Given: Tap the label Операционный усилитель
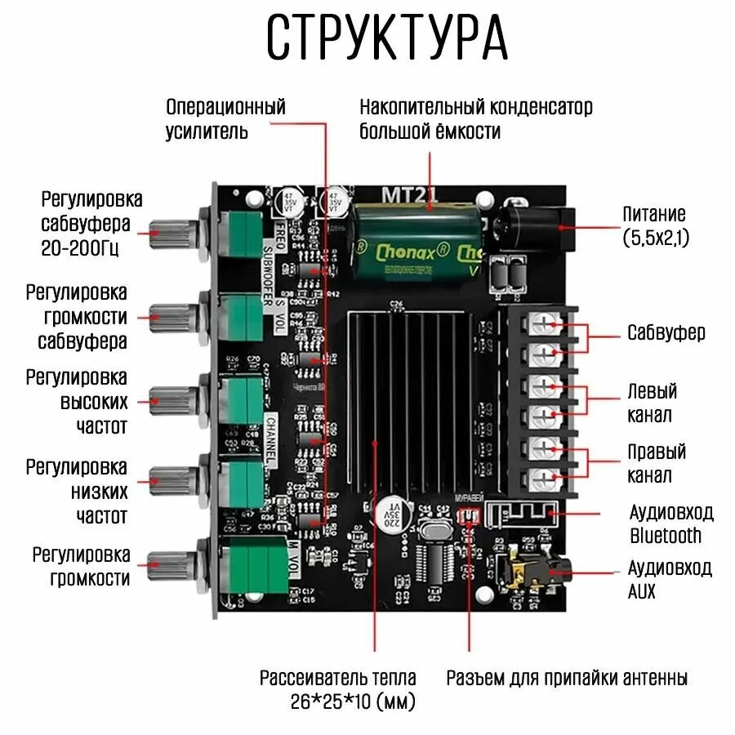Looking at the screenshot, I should (x=225, y=118).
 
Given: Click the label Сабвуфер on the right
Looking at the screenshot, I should (x=666, y=332).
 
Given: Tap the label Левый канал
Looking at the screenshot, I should (x=652, y=403).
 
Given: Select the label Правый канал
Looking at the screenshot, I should (x=656, y=463).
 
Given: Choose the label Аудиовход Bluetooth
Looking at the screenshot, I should (x=670, y=523).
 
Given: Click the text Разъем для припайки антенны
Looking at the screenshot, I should (x=567, y=678).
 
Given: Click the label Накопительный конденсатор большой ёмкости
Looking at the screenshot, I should (x=475, y=118).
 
